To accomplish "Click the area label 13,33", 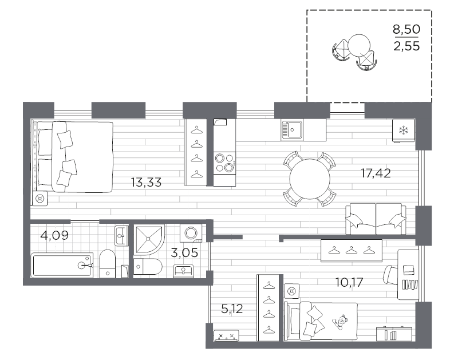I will pyautogui.click(x=146, y=183).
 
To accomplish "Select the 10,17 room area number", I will pyautogui.click(x=349, y=281).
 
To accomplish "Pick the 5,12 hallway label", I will pyautogui.click(x=232, y=310).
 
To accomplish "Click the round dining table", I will pyautogui.click(x=309, y=179).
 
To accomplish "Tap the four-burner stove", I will pyautogui.click(x=224, y=162).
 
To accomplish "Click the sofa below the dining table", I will pyautogui.click(x=376, y=219).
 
